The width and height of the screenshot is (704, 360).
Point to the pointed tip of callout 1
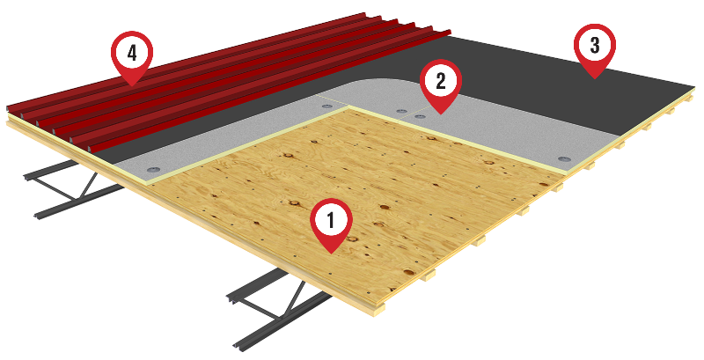coord(332,254)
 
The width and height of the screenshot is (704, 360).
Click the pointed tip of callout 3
coord(595,79)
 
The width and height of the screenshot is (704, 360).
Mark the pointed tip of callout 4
coord(132,86)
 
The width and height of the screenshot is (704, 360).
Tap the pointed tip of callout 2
coord(441,114)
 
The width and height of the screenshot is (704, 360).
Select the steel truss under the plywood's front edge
coord(278,310)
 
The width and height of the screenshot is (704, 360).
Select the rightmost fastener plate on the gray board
coord(563,159)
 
